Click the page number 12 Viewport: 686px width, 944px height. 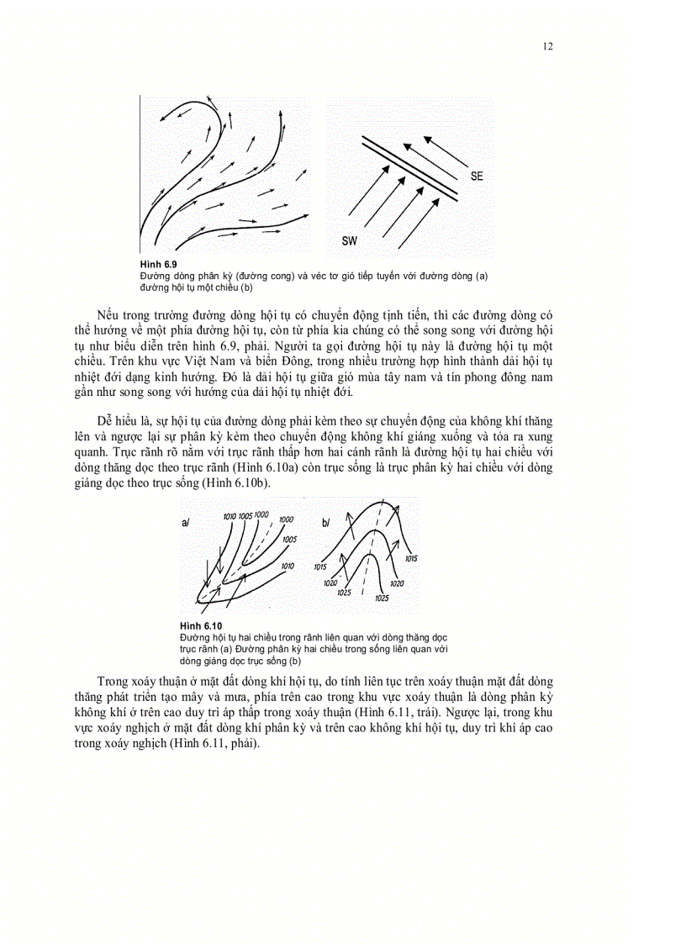click(x=547, y=46)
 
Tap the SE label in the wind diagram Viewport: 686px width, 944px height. click(x=477, y=177)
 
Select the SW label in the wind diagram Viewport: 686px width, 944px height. click(x=351, y=242)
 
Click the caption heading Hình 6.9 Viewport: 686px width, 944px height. click(x=158, y=264)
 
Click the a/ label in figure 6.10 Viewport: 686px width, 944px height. click(x=186, y=523)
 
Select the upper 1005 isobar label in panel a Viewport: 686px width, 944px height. click(x=245, y=514)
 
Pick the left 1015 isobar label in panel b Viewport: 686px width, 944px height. click(x=319, y=567)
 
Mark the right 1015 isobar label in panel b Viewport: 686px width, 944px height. click(x=411, y=558)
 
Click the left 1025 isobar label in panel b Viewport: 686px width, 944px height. click(x=343, y=593)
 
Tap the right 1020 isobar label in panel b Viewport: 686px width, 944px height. click(x=397, y=583)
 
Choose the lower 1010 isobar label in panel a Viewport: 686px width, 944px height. click(x=288, y=567)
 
